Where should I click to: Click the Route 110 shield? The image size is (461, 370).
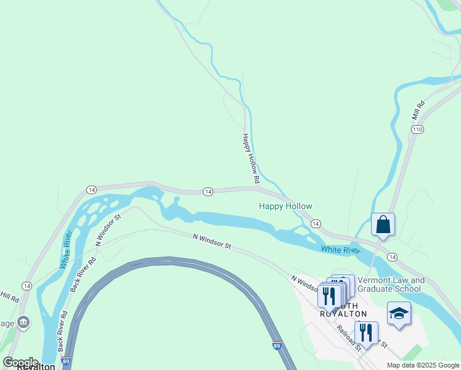coord(418,129)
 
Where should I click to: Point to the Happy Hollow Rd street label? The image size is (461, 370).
coord(251,159)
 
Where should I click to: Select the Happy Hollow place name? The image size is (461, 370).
coord(285,207)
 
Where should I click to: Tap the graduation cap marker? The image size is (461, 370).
coord(399,314)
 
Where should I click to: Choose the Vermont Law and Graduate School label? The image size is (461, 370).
coord(391,284)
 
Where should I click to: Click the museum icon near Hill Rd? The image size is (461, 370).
coord(23,321)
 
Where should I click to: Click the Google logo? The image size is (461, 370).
coord(20,363)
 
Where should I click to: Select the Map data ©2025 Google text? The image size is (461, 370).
coord(423,365)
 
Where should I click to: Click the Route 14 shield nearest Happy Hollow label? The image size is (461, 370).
coord(315,223)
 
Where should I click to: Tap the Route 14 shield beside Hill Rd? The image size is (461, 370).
coord(27,286)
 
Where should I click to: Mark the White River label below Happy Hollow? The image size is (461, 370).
coord(340,250)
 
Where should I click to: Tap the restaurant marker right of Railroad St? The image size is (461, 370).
coord(367,333)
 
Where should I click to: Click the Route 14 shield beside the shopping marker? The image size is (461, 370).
coord(392,257)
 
